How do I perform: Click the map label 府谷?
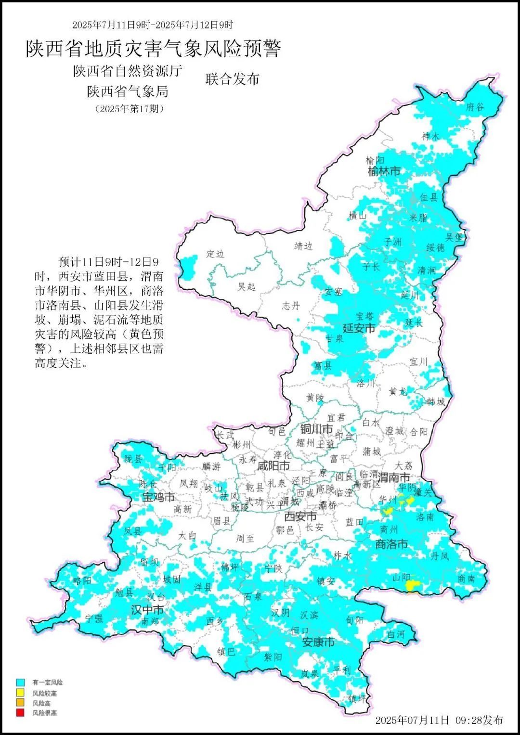tap(475, 107)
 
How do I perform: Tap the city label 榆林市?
tap(384, 171)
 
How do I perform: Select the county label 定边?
tap(215, 254)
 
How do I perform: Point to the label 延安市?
tap(359, 328)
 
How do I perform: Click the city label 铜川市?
tap(316, 429)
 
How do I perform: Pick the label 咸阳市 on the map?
tap(273, 465)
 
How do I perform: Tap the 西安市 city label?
tap(300, 516)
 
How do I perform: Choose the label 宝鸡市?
tap(158, 497)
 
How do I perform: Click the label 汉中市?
tap(147, 610)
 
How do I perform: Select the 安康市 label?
tap(318, 642)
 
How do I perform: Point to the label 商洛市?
tap(391, 544)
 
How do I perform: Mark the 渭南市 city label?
tap(394, 477)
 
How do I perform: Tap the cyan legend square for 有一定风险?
tap(20, 682)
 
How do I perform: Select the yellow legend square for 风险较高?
tap(20, 693)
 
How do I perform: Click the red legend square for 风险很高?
tap(20, 713)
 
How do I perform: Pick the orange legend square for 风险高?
tap(20, 703)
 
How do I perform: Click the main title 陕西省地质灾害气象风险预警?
tap(153, 49)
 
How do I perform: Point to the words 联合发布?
tap(233, 79)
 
